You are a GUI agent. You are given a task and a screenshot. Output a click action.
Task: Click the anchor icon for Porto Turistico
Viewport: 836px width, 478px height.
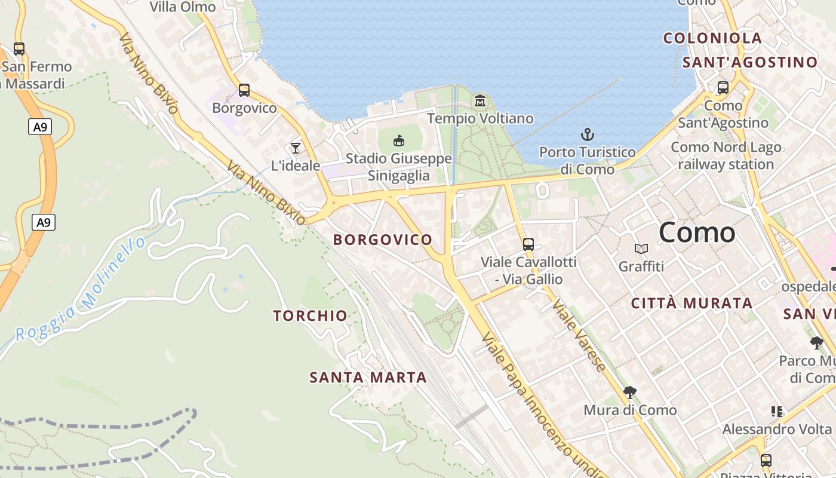[588, 134]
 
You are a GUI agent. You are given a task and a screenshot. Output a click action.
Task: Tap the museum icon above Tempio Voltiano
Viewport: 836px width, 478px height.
[480, 100]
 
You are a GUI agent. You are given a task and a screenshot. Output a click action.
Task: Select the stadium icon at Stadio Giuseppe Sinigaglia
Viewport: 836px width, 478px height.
[399, 141]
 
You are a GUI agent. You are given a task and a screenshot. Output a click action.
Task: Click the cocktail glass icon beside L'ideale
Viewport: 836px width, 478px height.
[295, 148]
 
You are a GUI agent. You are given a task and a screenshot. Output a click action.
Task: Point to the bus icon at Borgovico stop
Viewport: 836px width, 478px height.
[244, 90]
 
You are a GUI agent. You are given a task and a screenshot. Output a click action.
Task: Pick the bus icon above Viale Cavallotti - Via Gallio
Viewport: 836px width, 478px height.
[528, 244]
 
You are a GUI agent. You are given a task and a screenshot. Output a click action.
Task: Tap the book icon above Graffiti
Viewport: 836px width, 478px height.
[641, 249]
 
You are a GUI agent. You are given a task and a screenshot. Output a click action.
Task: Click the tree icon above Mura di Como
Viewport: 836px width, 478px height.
[629, 393]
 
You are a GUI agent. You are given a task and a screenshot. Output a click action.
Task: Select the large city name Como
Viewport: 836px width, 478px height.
[697, 232]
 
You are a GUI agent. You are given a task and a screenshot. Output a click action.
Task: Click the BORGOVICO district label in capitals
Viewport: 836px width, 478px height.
[383, 240]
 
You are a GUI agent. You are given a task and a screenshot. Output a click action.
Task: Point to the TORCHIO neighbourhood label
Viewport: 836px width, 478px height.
[310, 315]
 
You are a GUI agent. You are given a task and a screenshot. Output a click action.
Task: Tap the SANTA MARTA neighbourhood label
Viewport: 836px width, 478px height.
[368, 378]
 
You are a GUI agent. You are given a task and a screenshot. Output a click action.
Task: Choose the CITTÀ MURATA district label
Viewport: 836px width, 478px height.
[691, 303]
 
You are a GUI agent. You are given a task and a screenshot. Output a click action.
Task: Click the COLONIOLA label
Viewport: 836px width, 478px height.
[712, 38]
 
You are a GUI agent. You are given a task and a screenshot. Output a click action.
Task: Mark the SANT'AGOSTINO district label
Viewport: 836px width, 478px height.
[749, 62]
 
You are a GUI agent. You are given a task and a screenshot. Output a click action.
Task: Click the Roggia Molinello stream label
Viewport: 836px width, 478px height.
[81, 290]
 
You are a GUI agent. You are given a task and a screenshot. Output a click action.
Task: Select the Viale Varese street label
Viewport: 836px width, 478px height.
[579, 336]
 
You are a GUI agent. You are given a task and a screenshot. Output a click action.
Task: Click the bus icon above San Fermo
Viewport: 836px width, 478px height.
[19, 49]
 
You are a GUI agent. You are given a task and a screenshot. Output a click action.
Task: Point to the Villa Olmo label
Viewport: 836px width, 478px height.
[182, 7]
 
